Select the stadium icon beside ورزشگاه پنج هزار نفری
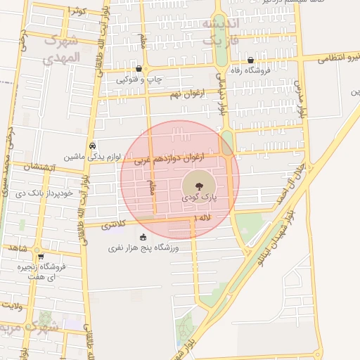coord(143,237)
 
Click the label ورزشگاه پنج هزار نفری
coord(144,248)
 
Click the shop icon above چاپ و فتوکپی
coord(139,69)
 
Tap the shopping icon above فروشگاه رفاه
coord(250,60)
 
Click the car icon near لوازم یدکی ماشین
coord(93,146)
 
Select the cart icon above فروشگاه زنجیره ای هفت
coord(41,257)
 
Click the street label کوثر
coord(77,11)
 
